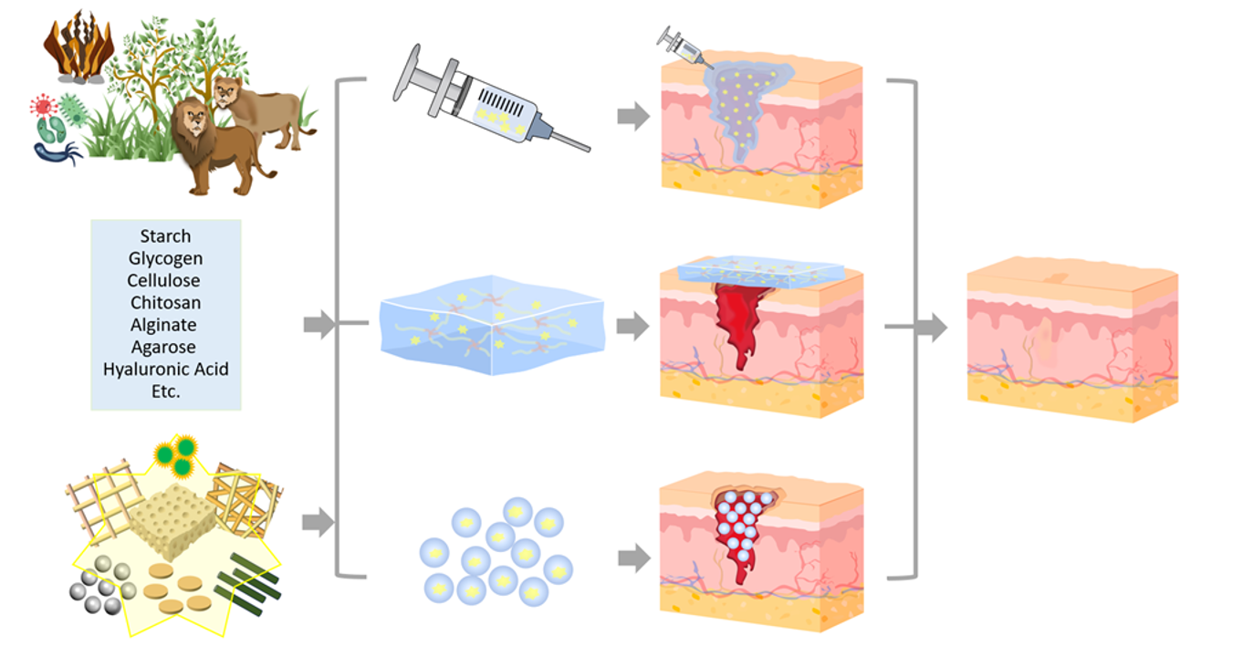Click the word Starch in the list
[165, 236]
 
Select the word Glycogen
[165, 258]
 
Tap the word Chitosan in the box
[165, 302]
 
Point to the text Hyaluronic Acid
[165, 370]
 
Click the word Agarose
[165, 347]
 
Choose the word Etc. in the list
[165, 391]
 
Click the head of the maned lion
[194, 118]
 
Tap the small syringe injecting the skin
[679, 44]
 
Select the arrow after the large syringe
[632, 117]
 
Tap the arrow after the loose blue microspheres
[632, 558]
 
